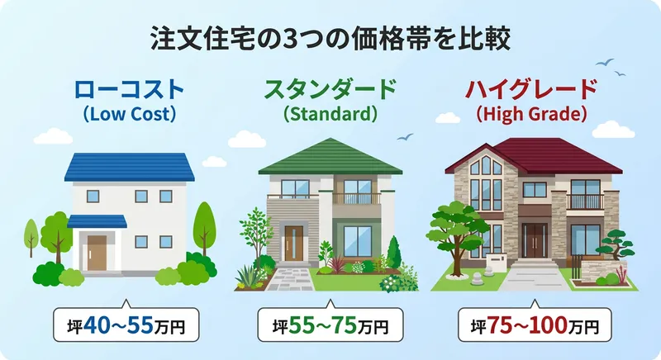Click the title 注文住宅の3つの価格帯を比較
click(x=330, y=38)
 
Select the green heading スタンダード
click(x=330, y=89)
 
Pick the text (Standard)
click(x=330, y=115)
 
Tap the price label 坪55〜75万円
click(x=330, y=324)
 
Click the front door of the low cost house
click(x=98, y=251)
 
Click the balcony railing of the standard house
click(x=357, y=199)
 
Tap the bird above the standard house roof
click(x=404, y=138)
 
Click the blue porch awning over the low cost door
click(x=97, y=221)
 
